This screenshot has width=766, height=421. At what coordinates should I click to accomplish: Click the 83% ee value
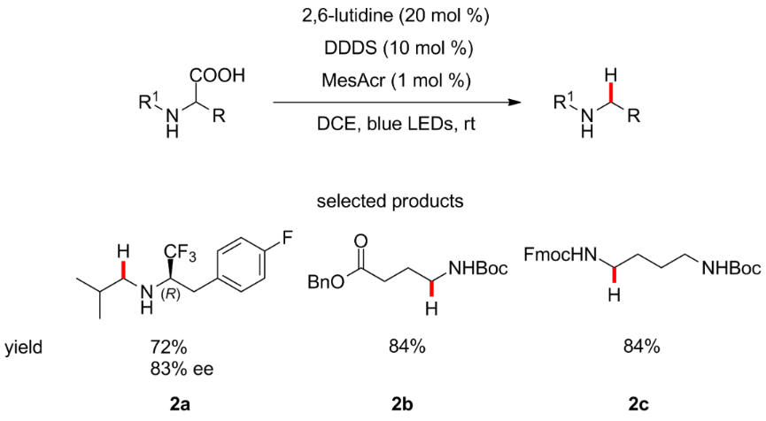181,367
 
